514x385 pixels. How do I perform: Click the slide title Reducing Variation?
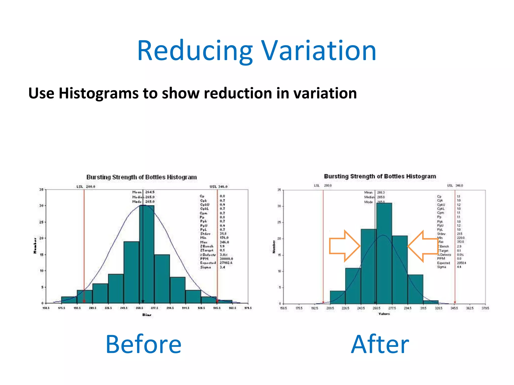click(256, 51)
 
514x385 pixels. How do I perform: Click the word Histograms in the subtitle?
click(98, 93)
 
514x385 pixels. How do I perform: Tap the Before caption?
click(143, 344)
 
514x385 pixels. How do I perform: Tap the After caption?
click(380, 344)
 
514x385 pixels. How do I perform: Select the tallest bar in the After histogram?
click(384, 253)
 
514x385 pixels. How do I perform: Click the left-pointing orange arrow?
click(423, 246)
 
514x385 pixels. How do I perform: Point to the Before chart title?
click(142, 177)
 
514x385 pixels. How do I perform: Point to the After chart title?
click(380, 176)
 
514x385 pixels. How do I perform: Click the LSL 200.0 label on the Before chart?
click(86, 187)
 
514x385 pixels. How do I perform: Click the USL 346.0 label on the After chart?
click(455, 185)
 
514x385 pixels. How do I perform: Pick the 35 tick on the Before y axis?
click(41, 189)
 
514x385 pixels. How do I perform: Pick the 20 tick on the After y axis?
click(279, 239)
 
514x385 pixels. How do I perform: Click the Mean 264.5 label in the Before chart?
click(143, 192)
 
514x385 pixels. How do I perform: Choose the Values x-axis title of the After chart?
click(384, 314)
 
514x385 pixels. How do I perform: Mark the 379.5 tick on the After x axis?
click(485, 308)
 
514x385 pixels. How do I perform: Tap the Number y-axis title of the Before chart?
click(35, 246)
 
